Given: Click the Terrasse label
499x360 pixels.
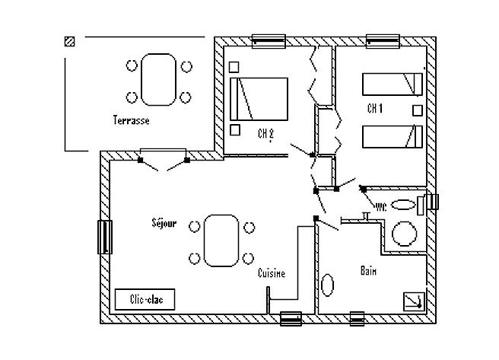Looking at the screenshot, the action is (x=131, y=120).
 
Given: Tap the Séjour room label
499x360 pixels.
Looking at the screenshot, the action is (x=164, y=223).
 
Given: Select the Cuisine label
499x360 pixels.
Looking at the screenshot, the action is (x=272, y=273).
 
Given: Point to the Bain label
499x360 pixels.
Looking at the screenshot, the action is (x=368, y=270).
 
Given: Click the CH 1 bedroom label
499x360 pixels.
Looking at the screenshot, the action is (x=375, y=108).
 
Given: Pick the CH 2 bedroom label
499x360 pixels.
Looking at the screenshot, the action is (x=265, y=134).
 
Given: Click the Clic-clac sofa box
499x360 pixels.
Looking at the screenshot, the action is (x=145, y=299).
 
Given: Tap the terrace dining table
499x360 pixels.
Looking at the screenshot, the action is (x=158, y=80).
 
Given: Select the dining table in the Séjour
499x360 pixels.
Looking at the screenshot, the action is (x=221, y=241).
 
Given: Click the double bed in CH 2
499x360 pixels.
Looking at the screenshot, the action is (x=259, y=99).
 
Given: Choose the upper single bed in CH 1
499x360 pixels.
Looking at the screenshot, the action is (x=393, y=84).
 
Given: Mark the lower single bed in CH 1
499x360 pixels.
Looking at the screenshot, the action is (x=393, y=136).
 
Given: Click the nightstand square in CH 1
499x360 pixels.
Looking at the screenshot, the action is (x=418, y=110).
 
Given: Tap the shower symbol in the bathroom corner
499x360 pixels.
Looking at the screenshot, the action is (x=414, y=301).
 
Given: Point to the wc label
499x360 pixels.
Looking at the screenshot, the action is (x=381, y=207).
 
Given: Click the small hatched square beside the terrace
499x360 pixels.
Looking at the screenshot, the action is (x=70, y=41).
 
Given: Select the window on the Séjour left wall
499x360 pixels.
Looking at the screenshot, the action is (x=105, y=237).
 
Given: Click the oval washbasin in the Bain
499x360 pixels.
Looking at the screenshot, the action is (x=327, y=285).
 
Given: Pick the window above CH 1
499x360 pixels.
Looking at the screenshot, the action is (x=383, y=41).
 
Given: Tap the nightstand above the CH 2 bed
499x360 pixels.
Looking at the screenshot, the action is (x=234, y=67).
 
